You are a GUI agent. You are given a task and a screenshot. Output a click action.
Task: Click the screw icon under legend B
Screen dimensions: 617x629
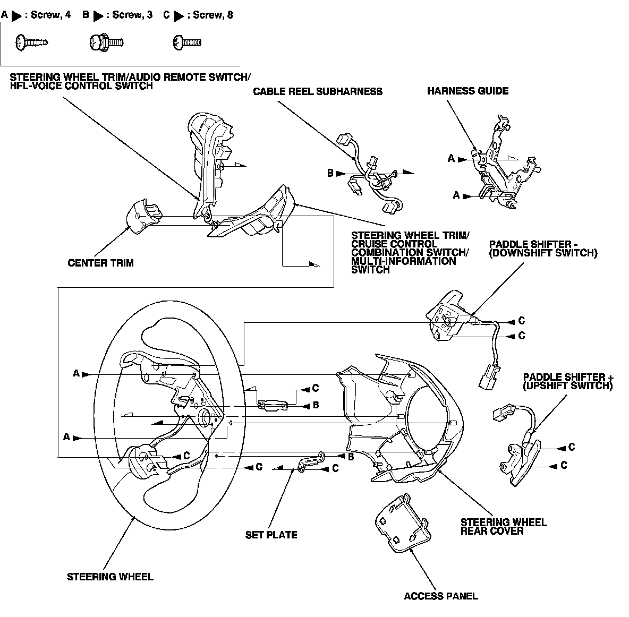coord(106,41)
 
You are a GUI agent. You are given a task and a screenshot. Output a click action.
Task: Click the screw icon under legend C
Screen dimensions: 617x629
coord(186,41)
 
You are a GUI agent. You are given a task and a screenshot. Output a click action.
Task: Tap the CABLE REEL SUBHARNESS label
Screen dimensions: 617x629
coord(317,91)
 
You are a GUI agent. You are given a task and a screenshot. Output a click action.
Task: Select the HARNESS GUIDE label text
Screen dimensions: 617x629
coord(467,91)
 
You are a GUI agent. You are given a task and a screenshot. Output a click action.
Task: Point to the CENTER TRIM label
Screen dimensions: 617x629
coord(100,263)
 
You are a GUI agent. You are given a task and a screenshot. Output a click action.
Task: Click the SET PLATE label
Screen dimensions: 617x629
coord(271,535)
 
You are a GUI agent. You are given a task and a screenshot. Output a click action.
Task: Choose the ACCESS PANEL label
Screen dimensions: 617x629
coord(440,596)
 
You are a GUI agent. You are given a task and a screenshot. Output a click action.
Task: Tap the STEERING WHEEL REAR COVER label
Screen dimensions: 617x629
coord(503,526)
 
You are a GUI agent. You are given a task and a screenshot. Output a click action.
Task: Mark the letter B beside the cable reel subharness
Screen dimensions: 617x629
coord(330,173)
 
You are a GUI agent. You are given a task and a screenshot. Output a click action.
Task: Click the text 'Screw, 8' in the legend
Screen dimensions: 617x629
coord(212,15)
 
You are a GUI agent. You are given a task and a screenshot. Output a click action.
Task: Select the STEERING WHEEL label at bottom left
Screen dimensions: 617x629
coord(110,577)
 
